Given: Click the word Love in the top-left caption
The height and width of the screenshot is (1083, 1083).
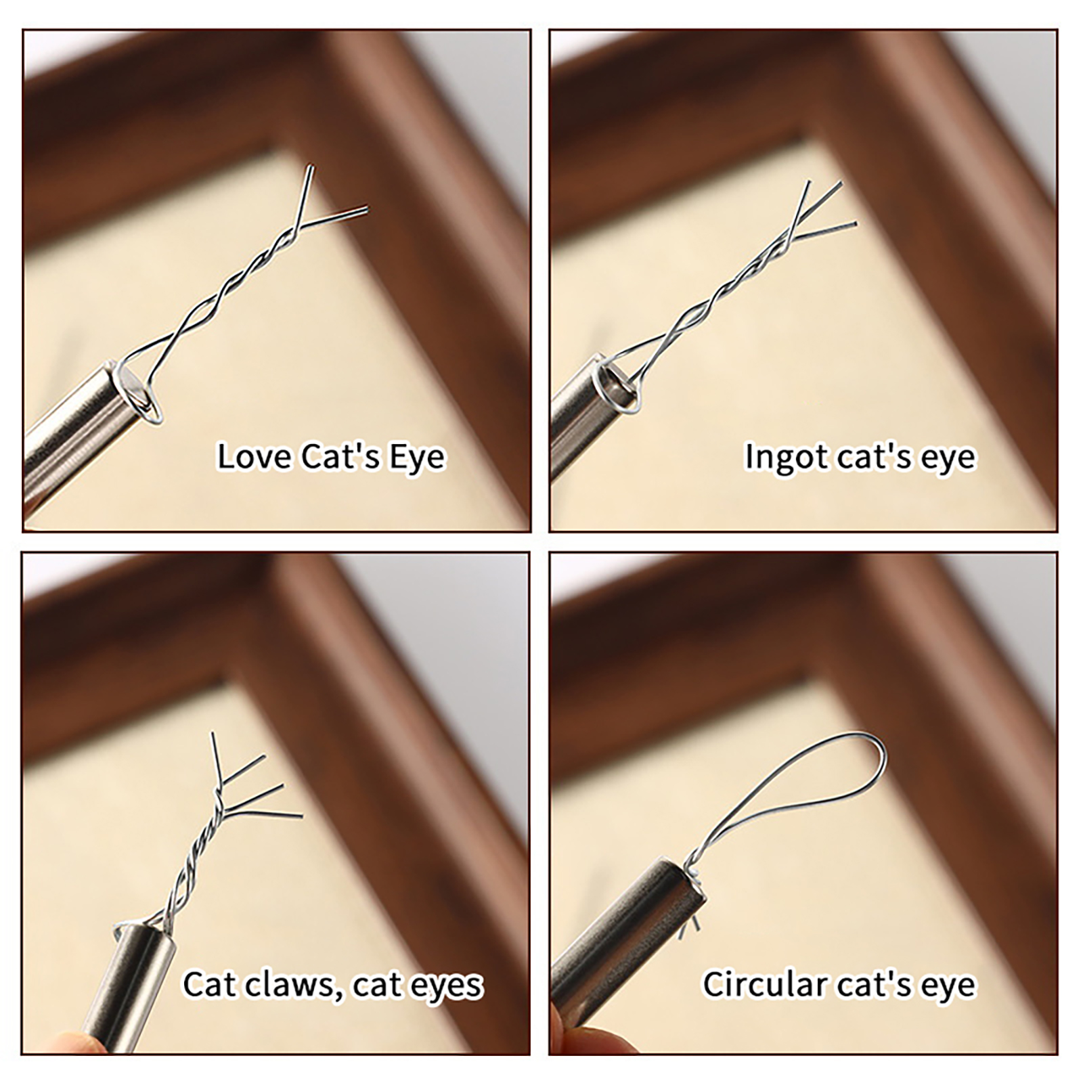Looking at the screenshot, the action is coord(255,456).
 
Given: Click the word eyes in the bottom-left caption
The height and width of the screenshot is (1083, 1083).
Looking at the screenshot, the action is coord(447,987).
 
